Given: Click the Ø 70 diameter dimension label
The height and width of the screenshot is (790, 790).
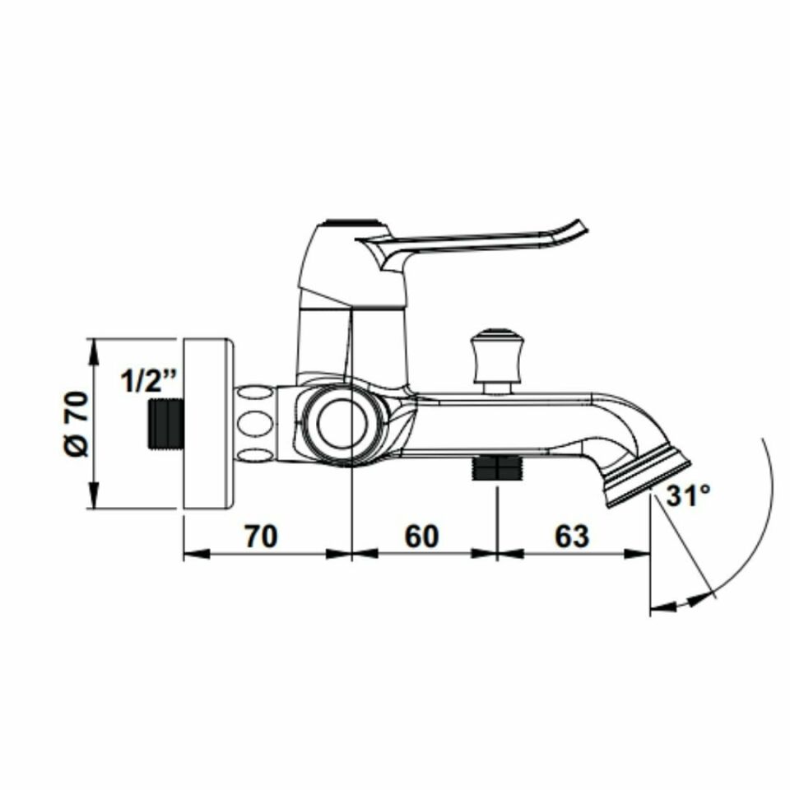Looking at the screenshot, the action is [x=77, y=424].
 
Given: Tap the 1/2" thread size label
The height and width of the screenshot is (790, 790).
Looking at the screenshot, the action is [x=149, y=380].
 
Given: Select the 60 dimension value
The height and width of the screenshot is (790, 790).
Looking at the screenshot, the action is [x=421, y=536].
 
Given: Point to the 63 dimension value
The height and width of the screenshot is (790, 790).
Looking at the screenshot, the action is [x=572, y=536].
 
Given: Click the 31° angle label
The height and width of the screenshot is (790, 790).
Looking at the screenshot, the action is [x=688, y=495].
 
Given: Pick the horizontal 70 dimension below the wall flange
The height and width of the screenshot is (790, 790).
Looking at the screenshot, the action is [x=261, y=536].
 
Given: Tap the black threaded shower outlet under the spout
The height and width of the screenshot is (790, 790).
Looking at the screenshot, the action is [x=497, y=467].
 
